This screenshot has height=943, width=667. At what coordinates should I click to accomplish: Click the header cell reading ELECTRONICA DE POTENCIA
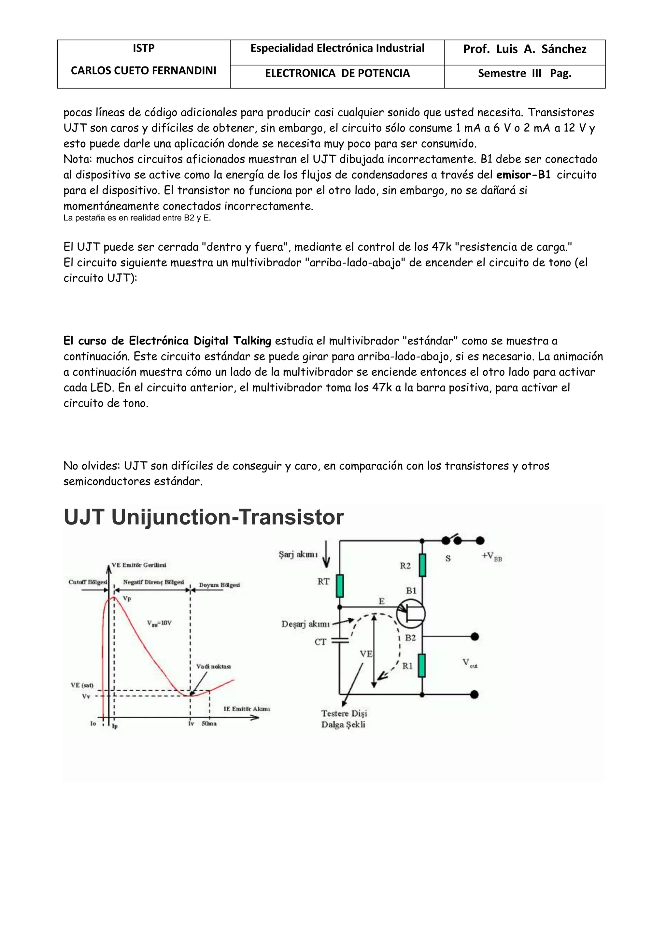[x=337, y=74]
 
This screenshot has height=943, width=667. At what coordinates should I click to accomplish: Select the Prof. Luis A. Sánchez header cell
[x=524, y=49]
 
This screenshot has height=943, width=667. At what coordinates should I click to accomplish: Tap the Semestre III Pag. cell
[x=524, y=74]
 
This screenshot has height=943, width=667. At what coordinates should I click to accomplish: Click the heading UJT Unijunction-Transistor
[x=204, y=517]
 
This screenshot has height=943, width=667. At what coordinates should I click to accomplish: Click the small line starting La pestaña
[x=137, y=218]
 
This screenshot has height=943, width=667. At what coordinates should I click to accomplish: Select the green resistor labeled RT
[x=340, y=586]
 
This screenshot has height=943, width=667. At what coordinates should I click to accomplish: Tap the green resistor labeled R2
[x=422, y=566]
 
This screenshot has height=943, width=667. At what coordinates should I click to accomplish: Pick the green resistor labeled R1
[x=422, y=666]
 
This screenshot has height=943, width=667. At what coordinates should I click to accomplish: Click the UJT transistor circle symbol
[x=411, y=614]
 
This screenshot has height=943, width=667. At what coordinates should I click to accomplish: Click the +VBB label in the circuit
[x=492, y=556]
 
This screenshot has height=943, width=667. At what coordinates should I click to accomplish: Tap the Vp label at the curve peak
[x=127, y=599]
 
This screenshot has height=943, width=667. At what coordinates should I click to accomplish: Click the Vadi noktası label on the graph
[x=213, y=666]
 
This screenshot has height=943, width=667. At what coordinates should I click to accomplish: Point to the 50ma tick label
[x=209, y=723]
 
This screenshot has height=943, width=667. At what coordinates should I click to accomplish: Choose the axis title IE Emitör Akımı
[x=247, y=709]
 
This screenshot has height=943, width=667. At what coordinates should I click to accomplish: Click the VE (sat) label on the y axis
[x=82, y=685]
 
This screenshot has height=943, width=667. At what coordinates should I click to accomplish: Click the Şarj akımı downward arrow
[x=327, y=554]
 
